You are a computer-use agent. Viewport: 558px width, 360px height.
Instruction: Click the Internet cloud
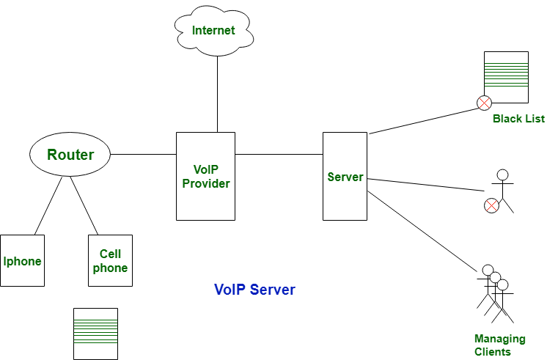pos(213,31)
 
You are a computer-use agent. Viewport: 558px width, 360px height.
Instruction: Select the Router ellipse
pos(70,155)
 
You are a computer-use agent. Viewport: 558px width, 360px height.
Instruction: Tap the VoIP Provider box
pos(205,176)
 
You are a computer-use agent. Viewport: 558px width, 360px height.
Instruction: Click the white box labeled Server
pos(345,177)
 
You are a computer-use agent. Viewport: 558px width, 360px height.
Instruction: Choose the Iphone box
pos(22,261)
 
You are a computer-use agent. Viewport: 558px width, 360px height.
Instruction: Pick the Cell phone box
pos(110,261)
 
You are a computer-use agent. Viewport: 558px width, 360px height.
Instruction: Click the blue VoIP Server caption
pos(254,290)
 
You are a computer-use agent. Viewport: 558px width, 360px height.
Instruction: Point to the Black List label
pos(518,119)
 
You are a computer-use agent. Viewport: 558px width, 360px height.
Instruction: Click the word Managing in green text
pos(499,339)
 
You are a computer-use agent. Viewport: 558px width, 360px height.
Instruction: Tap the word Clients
pos(493,352)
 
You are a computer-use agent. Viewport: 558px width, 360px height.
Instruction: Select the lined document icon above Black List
pos(506,76)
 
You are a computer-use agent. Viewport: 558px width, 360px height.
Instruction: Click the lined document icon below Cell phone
pos(95,334)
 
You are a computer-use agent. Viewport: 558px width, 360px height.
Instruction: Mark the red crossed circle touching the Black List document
pos(484,103)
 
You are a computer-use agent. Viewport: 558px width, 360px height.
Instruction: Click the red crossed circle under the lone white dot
pos(492,205)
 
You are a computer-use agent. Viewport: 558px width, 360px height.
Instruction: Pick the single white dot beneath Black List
pos(502,175)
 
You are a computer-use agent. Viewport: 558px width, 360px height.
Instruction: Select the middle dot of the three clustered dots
pos(495,277)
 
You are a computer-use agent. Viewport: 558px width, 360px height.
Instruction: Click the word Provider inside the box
pos(206,183)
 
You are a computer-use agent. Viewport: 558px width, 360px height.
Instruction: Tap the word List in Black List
pos(535,119)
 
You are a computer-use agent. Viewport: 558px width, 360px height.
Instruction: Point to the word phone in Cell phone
pos(110,268)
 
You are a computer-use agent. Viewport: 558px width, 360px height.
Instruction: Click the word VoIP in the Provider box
pos(206,169)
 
